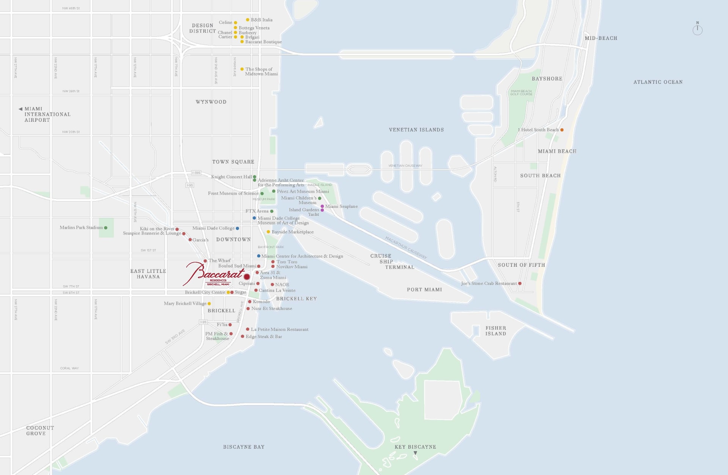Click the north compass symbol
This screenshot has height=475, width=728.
(x=697, y=30)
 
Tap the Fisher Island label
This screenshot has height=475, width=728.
(x=496, y=331)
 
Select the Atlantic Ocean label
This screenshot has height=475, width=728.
(x=658, y=82)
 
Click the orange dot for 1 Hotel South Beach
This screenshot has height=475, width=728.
(x=562, y=130)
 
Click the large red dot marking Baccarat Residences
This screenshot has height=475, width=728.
(x=247, y=277)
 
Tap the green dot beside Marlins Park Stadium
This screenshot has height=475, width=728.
(x=106, y=228)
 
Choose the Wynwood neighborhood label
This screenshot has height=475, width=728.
(x=211, y=102)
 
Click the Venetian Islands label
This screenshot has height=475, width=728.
(x=416, y=130)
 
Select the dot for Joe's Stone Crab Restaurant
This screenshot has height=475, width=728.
(x=520, y=283)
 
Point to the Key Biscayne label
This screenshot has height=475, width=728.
(x=415, y=447)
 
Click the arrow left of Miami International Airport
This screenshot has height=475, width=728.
(x=20, y=109)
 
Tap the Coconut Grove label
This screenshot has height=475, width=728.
(x=40, y=431)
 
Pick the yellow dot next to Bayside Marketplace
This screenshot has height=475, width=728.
(x=268, y=232)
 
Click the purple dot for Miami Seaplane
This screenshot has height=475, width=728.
(x=322, y=206)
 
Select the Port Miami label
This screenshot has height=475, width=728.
(x=424, y=289)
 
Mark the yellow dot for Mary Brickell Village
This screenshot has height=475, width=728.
(x=209, y=304)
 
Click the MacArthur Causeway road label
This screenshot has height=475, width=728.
(x=406, y=248)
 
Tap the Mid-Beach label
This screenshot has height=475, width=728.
(x=601, y=38)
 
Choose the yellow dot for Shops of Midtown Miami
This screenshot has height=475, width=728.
(x=242, y=69)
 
